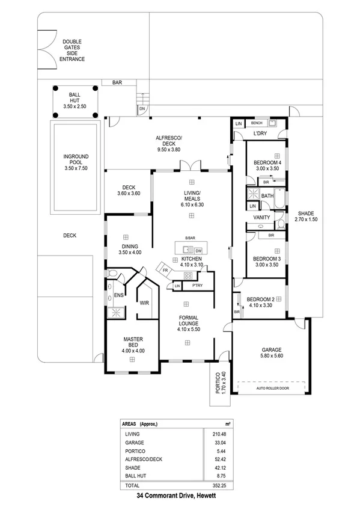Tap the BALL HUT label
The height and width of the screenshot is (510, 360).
(75, 100)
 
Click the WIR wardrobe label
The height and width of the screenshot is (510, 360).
(144, 303)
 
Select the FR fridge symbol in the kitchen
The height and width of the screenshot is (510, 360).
(165, 271)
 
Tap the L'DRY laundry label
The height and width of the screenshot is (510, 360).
(260, 133)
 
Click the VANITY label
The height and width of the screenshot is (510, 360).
(261, 217)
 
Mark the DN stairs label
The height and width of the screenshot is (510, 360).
(142, 109)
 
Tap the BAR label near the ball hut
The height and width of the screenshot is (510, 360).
(116, 83)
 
